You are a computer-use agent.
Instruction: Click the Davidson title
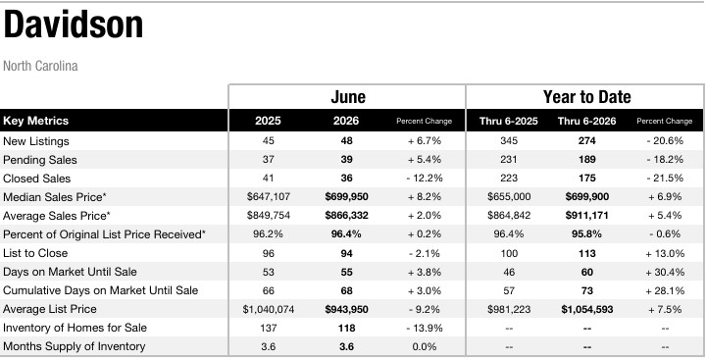tap(73, 25)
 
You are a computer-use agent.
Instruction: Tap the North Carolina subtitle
tap(40, 67)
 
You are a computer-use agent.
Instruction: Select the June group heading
tap(348, 97)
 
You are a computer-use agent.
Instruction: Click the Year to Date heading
tap(586, 97)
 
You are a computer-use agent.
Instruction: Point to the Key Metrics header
tap(35, 121)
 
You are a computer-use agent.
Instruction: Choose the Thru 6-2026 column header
tap(586, 121)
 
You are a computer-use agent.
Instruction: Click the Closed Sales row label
tap(36, 179)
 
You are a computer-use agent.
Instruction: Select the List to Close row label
tap(35, 253)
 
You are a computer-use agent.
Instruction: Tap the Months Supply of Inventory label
tap(74, 346)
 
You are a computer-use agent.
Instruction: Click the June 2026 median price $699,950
tap(346, 197)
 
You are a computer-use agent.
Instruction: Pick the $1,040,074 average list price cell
tap(269, 310)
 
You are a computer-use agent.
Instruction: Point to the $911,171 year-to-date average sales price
tap(586, 216)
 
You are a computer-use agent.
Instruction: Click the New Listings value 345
tap(509, 141)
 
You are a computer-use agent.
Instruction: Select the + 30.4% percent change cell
tap(665, 272)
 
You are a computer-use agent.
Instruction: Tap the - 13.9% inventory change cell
tap(425, 328)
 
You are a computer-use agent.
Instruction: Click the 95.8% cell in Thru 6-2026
tap(586, 234)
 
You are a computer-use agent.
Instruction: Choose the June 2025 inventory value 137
tap(269, 328)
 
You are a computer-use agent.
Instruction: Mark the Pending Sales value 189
tap(586, 160)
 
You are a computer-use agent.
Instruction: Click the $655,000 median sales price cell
tap(509, 197)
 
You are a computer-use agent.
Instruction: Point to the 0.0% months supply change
tap(425, 347)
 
